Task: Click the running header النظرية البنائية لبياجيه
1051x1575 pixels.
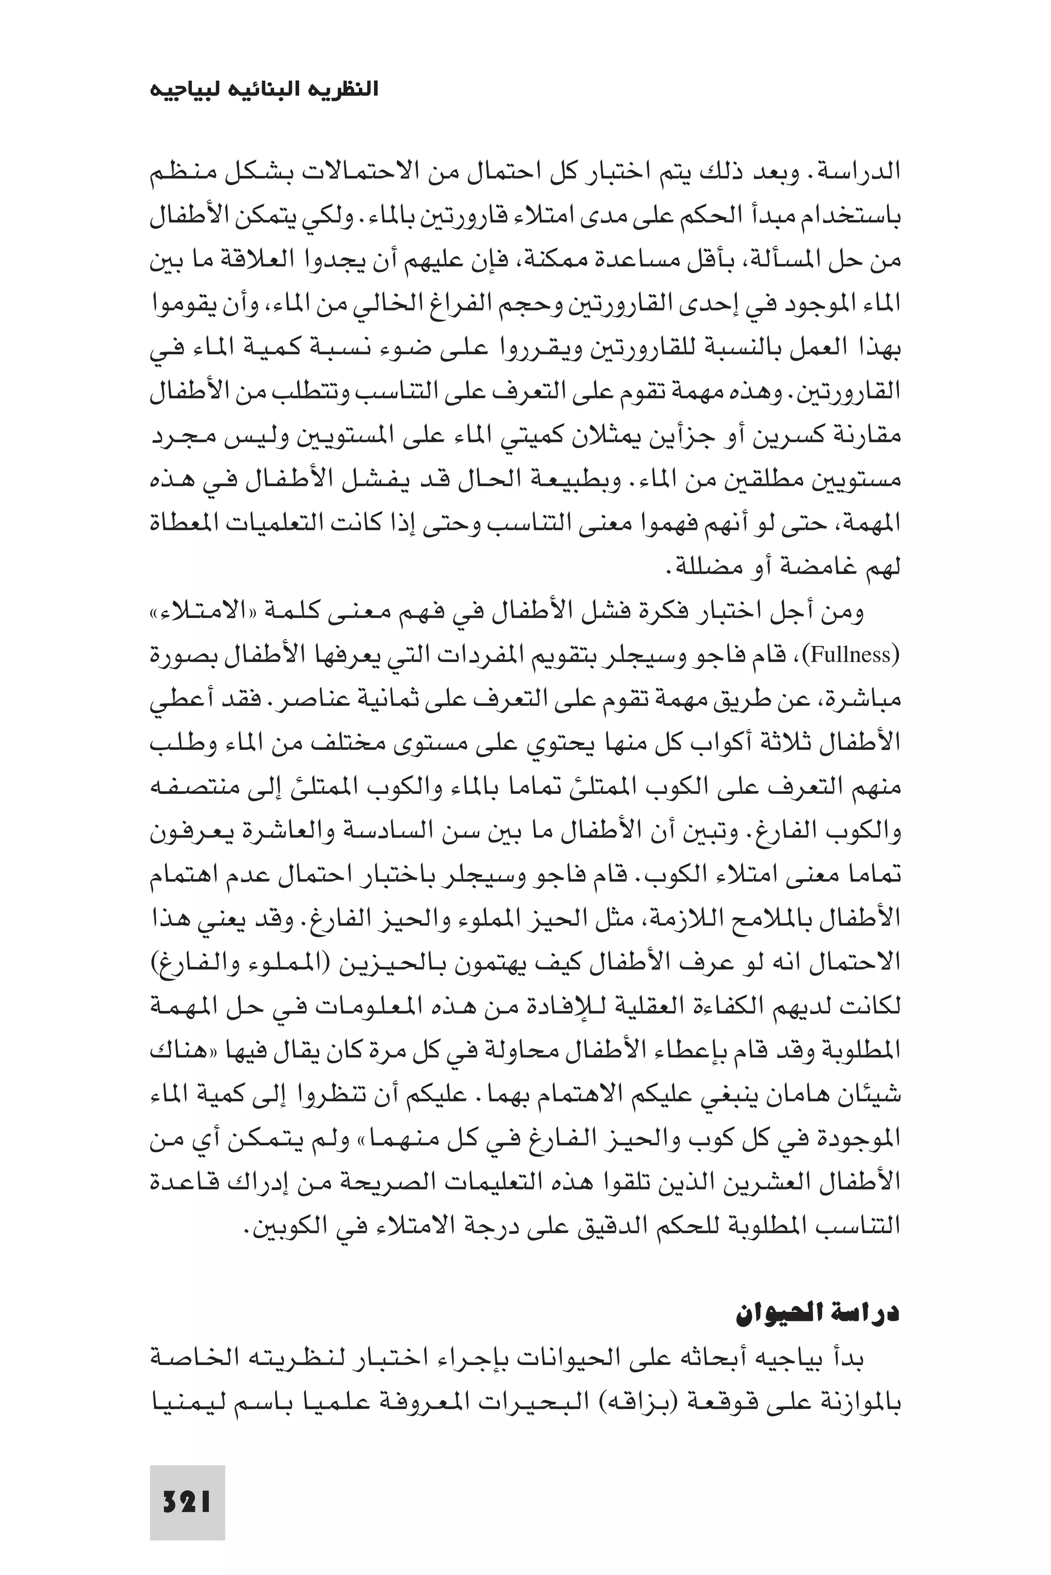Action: pyautogui.click(x=263, y=89)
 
